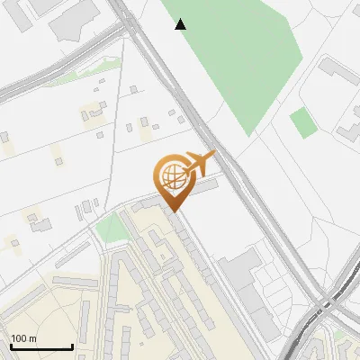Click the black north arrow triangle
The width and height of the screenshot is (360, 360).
(181, 24)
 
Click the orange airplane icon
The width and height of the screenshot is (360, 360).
(201, 163)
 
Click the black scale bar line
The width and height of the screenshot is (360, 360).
(40, 347)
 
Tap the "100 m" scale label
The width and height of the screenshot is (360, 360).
(24, 338)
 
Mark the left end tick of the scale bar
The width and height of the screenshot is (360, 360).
(10, 346)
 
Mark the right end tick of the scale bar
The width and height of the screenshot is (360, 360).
(72, 346)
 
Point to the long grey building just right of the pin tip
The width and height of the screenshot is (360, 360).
(202, 188)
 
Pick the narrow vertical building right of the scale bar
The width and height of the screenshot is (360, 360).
(85, 319)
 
